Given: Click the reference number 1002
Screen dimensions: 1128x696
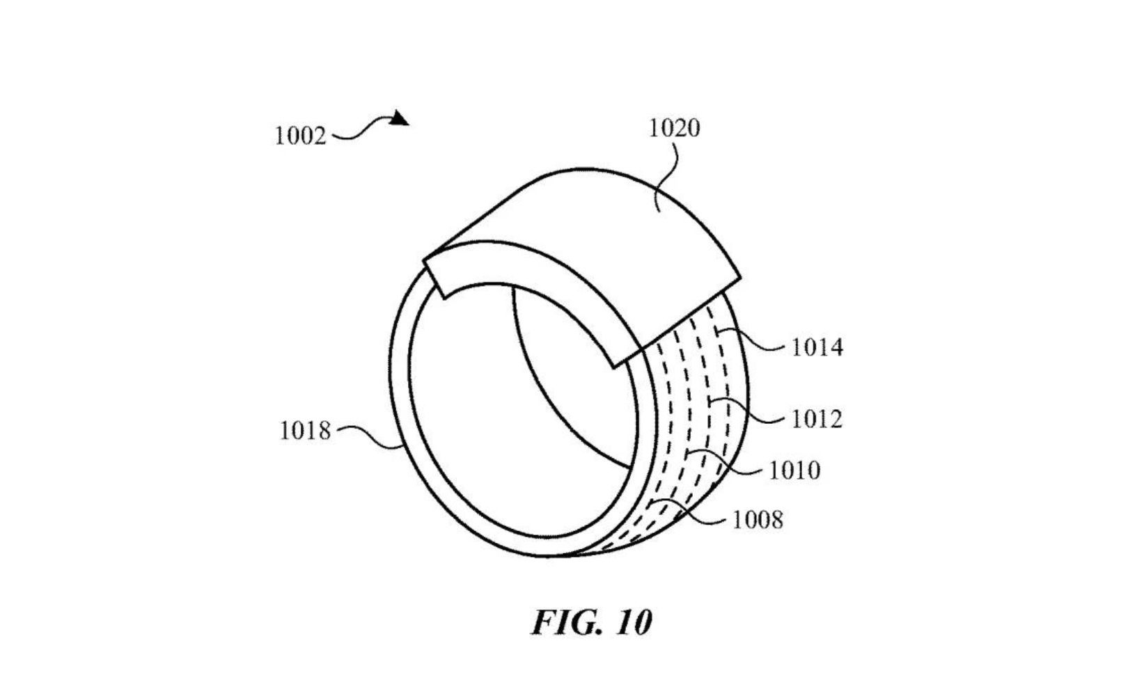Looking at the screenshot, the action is click(301, 136).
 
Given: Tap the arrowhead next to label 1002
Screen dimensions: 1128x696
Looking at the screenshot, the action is click(400, 118).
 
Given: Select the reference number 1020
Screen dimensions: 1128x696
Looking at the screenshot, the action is click(674, 128).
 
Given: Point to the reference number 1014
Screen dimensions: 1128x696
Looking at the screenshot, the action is click(817, 347).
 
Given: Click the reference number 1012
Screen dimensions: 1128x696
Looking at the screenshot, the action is click(817, 419).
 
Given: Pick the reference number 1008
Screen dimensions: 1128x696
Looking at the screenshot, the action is click(758, 520).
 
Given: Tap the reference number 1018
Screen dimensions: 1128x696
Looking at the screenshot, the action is click(305, 431).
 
